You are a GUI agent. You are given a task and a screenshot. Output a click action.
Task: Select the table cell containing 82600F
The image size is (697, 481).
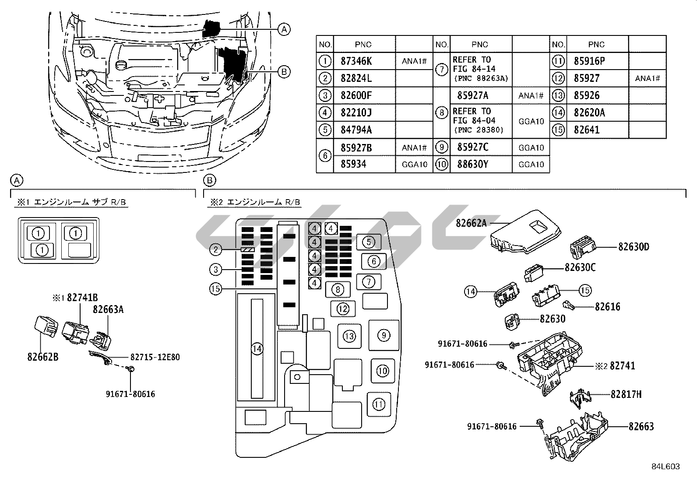pyautogui.click(x=356, y=95)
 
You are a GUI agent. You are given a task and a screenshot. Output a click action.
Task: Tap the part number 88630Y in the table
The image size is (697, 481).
pyautogui.click(x=472, y=164)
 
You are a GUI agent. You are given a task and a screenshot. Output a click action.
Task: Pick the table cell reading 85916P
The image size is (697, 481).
pyautogui.click(x=589, y=61)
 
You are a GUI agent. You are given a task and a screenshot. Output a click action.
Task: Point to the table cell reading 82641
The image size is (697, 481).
pyautogui.click(x=587, y=130)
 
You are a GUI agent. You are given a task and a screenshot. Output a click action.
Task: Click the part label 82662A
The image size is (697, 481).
pyautogui.click(x=471, y=223)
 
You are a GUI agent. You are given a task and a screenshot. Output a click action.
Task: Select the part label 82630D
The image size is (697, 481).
pyautogui.click(x=634, y=247)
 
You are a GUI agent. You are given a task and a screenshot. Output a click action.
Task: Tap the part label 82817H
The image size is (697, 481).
pyautogui.click(x=626, y=394)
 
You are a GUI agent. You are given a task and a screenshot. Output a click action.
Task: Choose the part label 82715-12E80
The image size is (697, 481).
pyautogui.click(x=155, y=357)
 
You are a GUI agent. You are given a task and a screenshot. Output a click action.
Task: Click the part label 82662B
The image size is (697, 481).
pyautogui.click(x=42, y=357)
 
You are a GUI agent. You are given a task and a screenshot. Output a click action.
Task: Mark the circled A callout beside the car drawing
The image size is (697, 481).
pyautogui.click(x=284, y=29)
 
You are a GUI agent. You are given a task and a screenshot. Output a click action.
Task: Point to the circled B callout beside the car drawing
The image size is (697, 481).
pyautogui.click(x=284, y=71)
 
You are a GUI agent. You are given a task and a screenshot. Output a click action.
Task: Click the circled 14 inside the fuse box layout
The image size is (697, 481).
pyautogui.click(x=257, y=348)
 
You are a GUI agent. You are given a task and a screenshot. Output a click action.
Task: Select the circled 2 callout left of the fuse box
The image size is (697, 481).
pyautogui.click(x=215, y=249)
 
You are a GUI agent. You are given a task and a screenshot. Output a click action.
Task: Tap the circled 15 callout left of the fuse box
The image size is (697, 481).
pyautogui.click(x=215, y=288)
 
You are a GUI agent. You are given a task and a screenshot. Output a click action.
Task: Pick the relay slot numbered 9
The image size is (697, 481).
pyautogui.click(x=384, y=335)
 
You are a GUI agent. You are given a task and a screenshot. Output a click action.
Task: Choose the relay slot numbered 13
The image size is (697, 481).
pyautogui.click(x=349, y=336)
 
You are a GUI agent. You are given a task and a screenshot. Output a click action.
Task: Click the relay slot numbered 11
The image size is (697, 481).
pyautogui.click(x=379, y=404)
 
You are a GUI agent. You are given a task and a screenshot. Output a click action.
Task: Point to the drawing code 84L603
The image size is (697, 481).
pyautogui.click(x=665, y=467)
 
